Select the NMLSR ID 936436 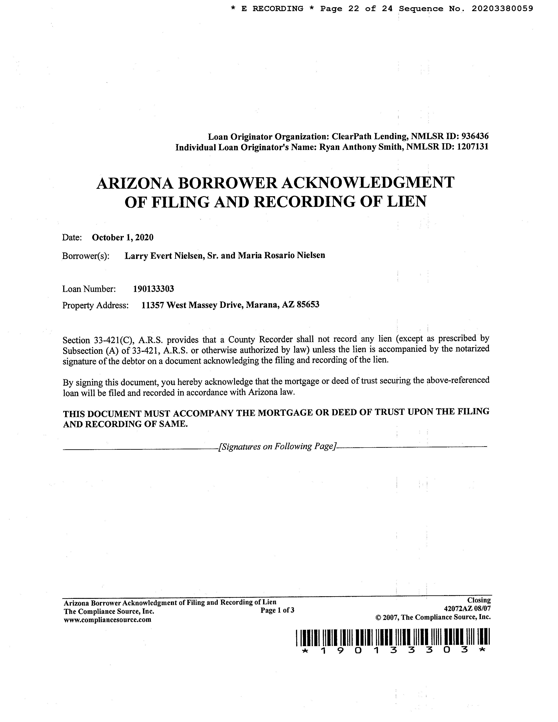[x=475, y=136]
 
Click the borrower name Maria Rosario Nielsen [x=281, y=255]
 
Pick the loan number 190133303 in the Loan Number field [x=153, y=289]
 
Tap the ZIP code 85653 [x=308, y=305]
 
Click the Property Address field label [x=95, y=305]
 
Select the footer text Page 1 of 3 [x=277, y=610]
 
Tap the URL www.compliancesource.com [x=107, y=620]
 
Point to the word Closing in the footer [x=479, y=600]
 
